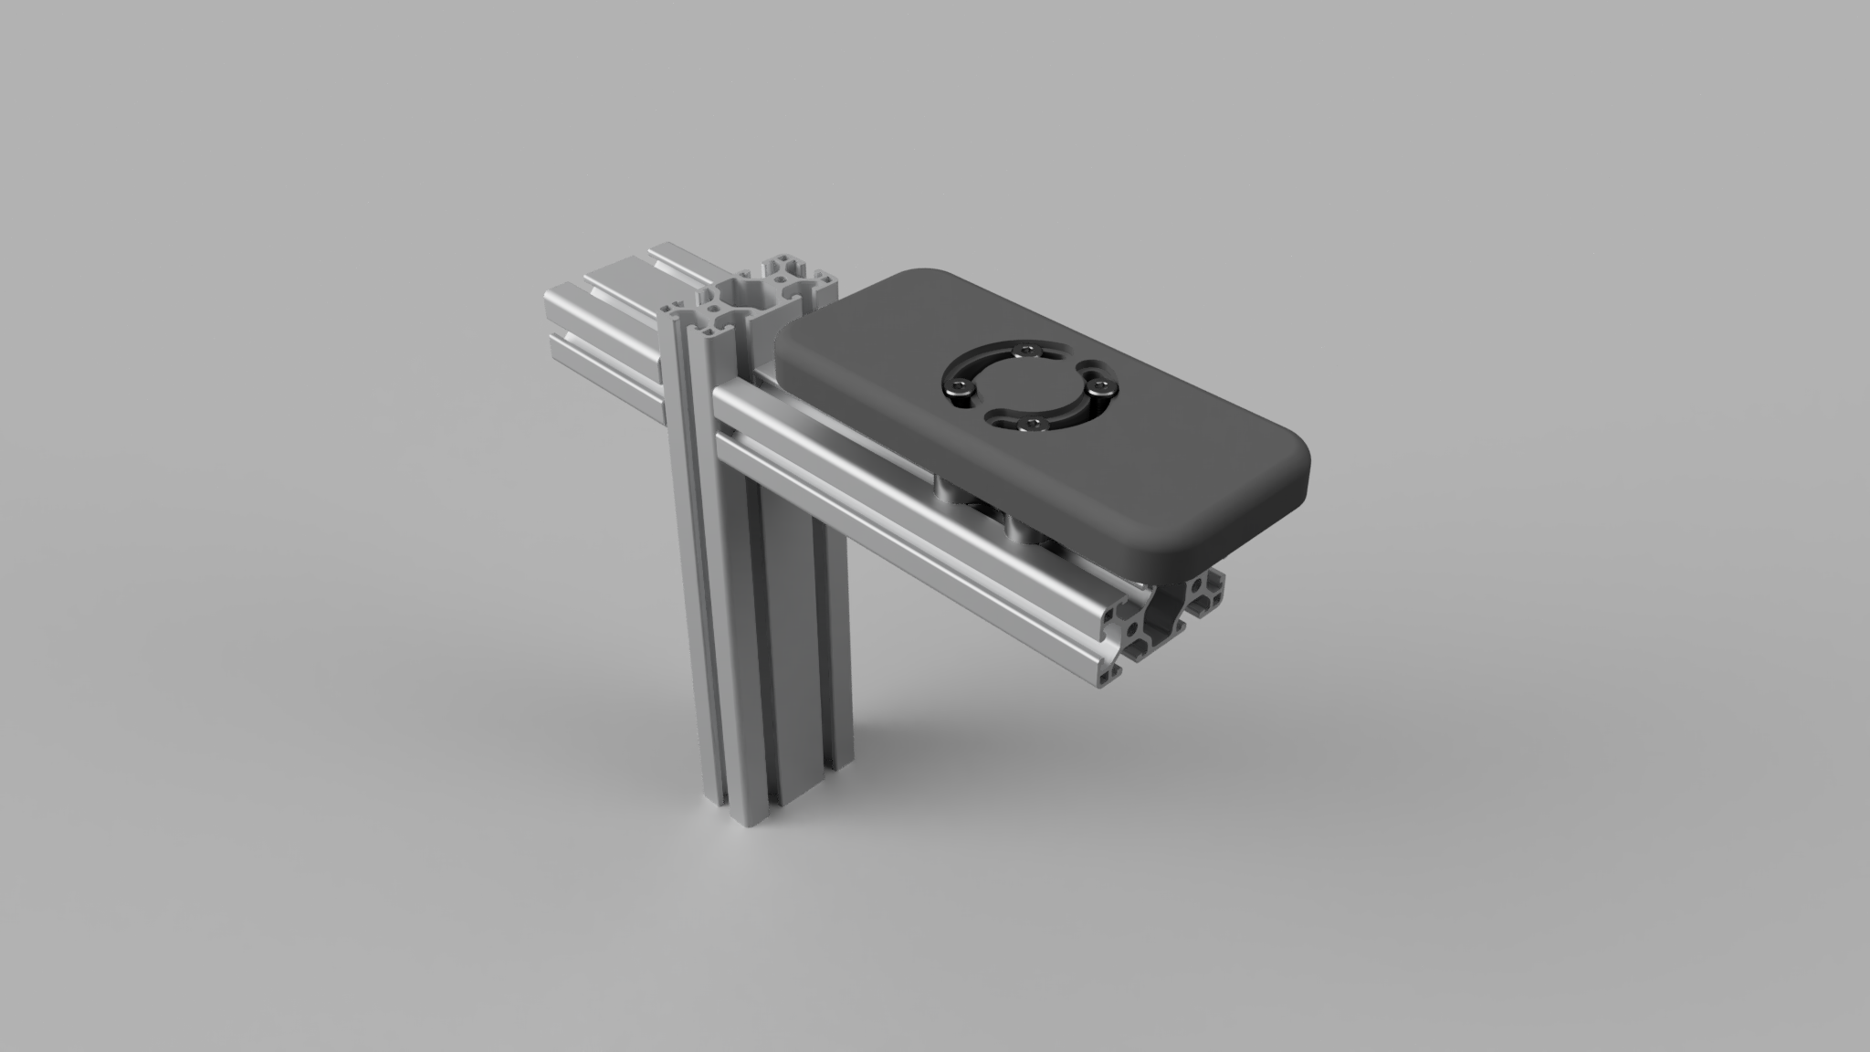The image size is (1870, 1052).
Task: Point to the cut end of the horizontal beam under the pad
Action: [x=1160, y=621]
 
